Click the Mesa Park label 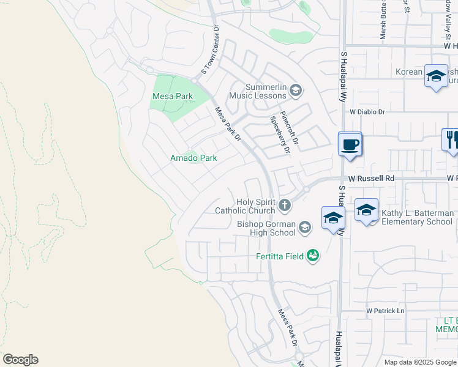pos(172,96)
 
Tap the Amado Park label pos(193,158)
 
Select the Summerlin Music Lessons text pos(258,92)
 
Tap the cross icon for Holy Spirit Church pos(284,206)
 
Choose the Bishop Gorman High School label pos(266,228)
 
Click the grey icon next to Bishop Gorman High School pos(304,228)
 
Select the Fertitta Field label pos(280,256)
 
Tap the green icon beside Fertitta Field pos(313,255)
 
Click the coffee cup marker pos(350,146)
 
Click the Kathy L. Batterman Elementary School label pos(418,217)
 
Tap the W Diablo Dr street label pos(367,112)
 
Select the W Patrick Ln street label pos(386,311)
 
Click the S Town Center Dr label pos(208,52)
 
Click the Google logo pos(20,360)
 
